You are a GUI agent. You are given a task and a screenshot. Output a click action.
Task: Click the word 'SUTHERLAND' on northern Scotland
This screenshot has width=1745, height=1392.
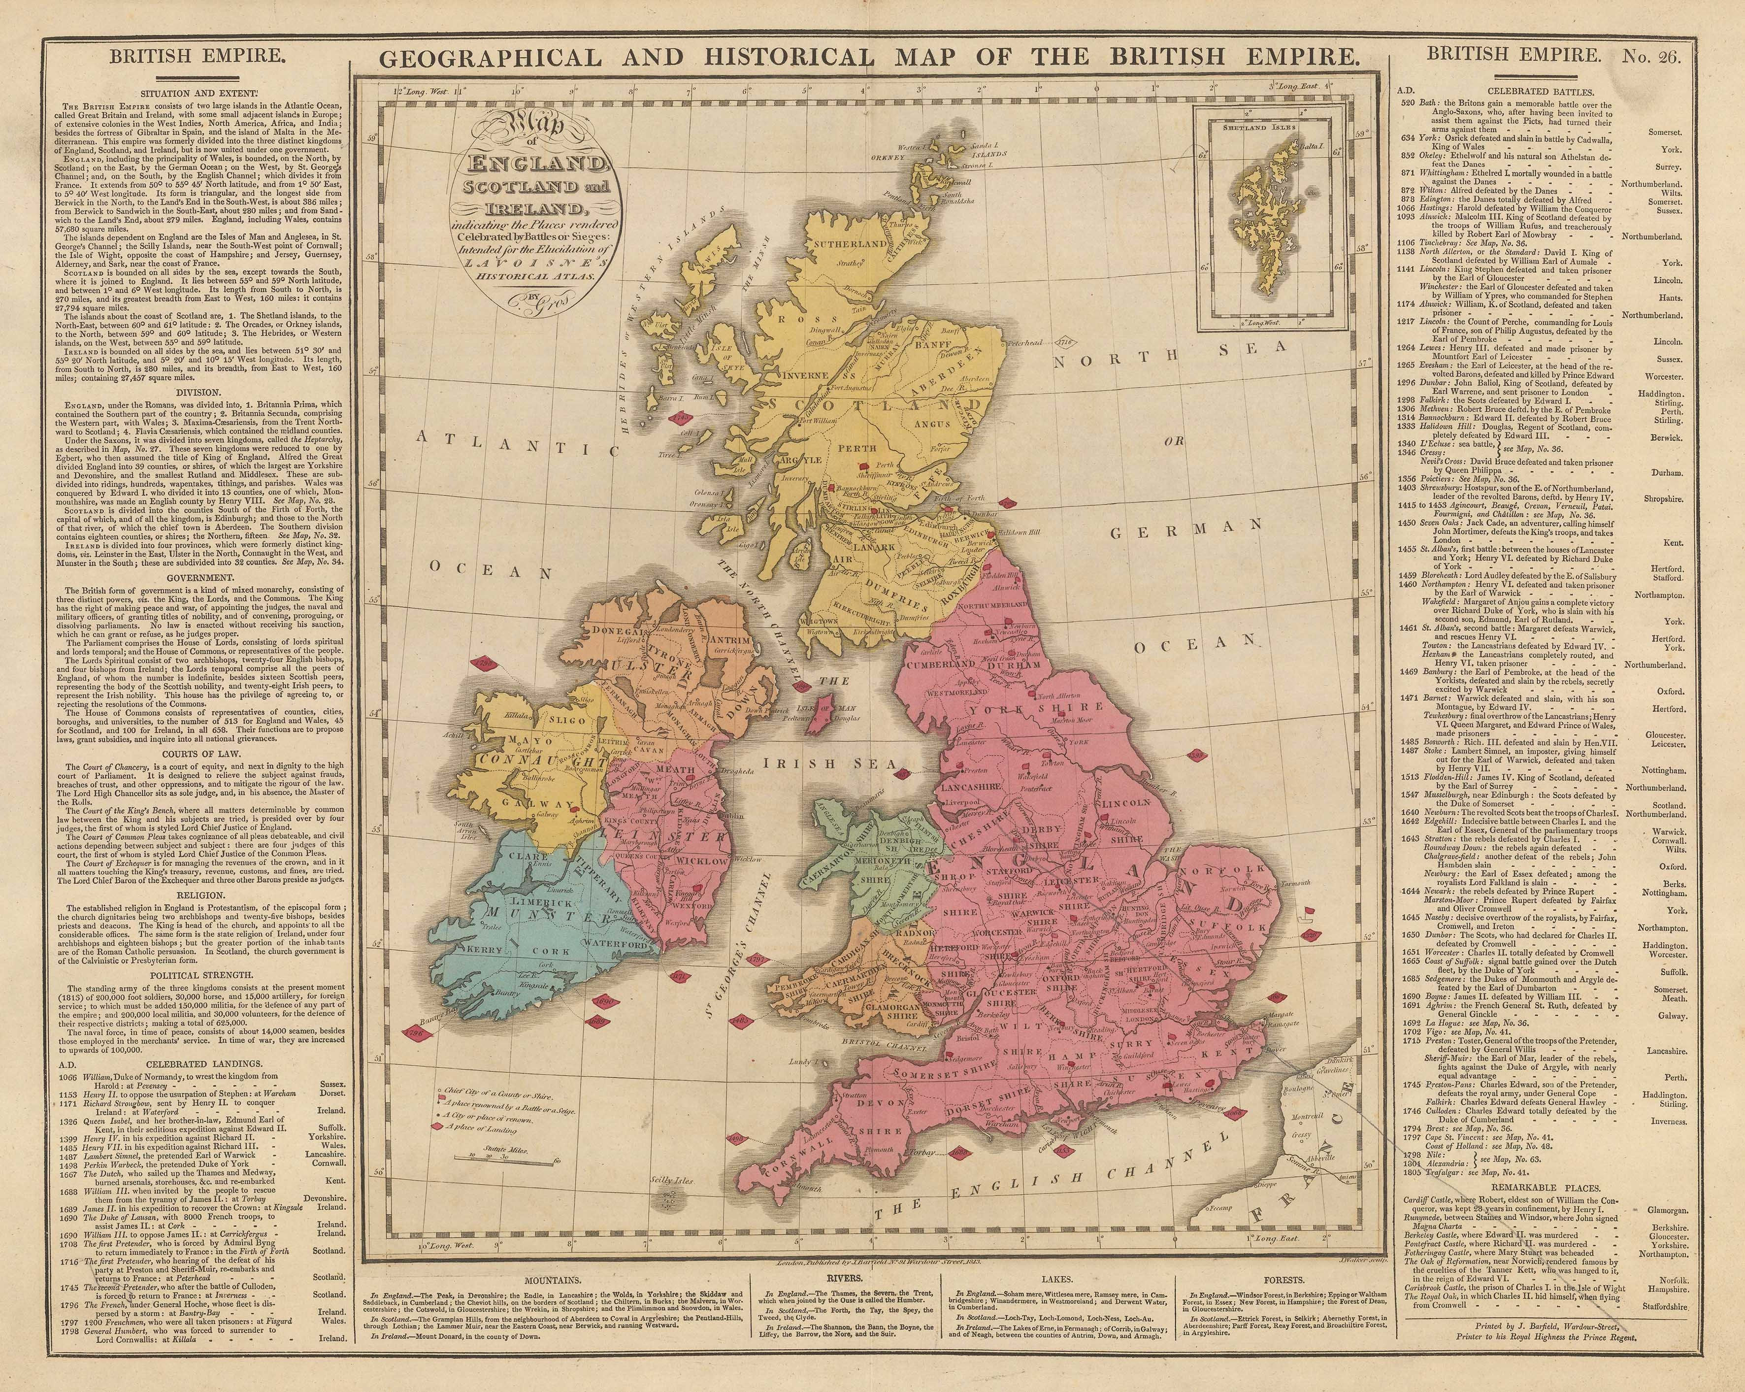click(850, 244)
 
